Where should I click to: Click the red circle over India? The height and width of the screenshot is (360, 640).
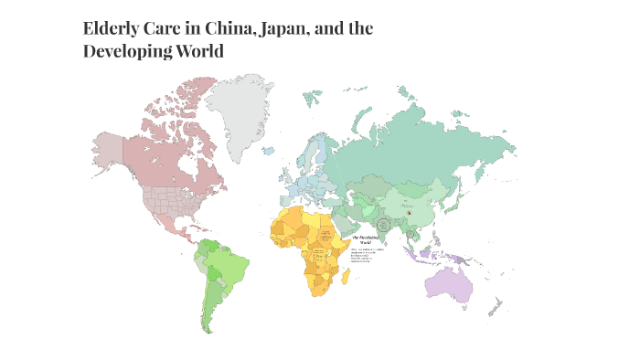click(384, 224)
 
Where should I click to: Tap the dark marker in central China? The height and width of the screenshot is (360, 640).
click(411, 212)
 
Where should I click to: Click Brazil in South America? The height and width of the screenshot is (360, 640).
click(229, 266)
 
